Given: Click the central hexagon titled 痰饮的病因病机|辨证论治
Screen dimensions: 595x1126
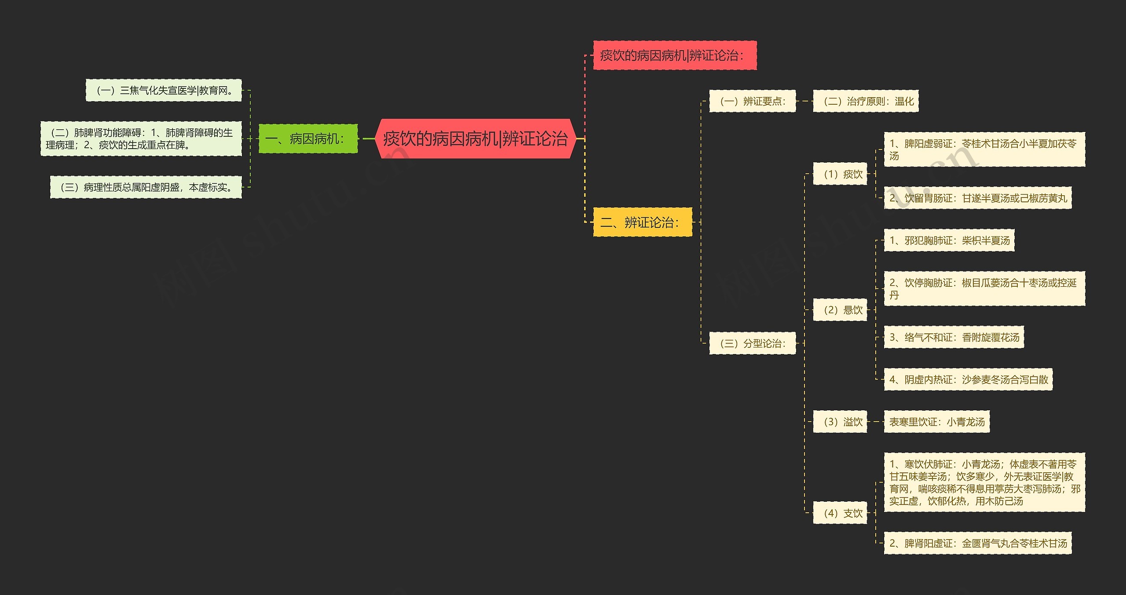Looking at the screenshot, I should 475,139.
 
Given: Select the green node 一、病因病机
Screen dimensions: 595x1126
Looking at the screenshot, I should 308,139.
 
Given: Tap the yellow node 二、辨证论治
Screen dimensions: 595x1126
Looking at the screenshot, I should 642,222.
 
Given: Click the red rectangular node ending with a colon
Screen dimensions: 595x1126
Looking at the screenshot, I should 675,55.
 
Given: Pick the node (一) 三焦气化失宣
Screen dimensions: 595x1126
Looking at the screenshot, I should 164,91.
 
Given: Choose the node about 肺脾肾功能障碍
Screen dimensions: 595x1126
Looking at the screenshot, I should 141,139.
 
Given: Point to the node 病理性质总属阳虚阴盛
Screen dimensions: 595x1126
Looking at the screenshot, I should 146,187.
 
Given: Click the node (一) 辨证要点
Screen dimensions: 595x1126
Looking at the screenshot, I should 752,101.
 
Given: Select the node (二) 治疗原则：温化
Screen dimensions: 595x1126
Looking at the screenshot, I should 866,101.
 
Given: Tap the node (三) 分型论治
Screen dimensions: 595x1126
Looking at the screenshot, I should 752,343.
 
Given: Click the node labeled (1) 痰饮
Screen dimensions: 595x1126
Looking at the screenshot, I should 840,174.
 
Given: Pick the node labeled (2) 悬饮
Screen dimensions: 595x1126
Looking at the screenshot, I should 840,310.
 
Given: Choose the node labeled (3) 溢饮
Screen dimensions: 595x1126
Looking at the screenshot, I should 840,422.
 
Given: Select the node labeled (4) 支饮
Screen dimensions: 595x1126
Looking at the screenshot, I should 840,513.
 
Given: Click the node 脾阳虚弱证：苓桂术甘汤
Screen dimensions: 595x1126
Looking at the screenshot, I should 984,150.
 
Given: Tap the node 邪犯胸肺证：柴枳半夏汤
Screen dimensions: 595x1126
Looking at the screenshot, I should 949,241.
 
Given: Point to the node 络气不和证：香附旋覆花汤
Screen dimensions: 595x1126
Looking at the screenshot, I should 954,337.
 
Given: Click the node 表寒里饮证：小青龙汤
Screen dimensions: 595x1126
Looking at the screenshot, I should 937,422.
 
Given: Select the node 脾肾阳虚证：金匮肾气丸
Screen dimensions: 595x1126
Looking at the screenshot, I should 978,543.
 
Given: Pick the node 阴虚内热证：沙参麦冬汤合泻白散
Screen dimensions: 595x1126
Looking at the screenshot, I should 968,380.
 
